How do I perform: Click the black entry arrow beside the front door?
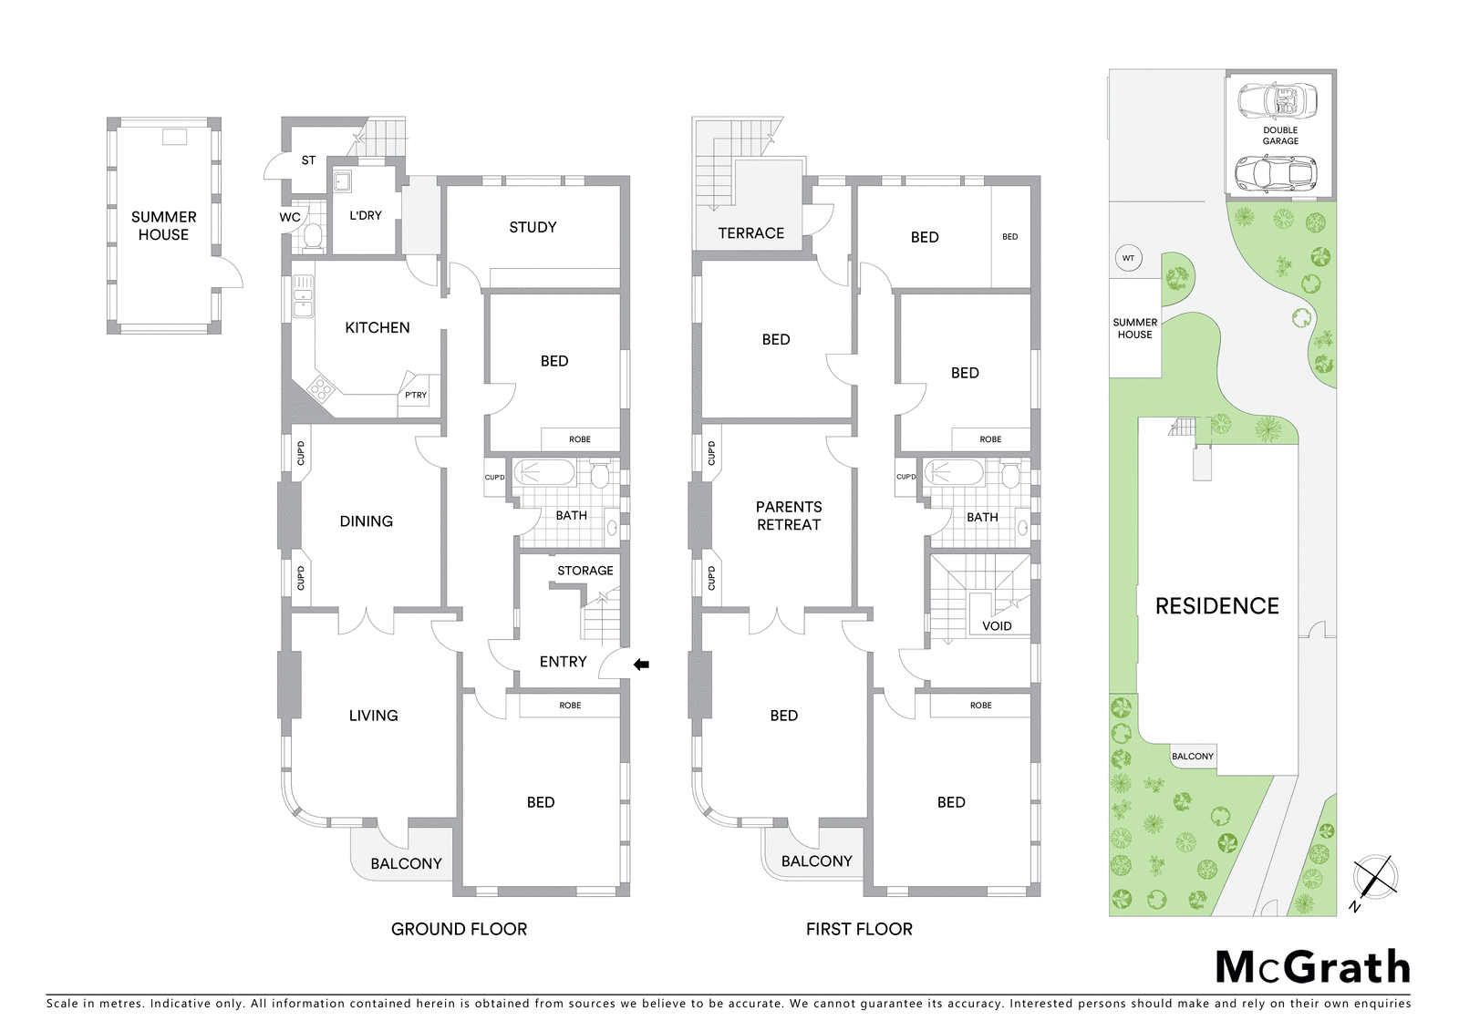click(x=642, y=665)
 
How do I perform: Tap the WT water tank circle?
click(x=1128, y=258)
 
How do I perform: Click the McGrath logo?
click(x=1312, y=968)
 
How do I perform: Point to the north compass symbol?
click(x=1374, y=880)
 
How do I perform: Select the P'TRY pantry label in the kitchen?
click(x=416, y=395)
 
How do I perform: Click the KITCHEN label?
click(x=378, y=327)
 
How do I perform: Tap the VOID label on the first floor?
click(x=997, y=626)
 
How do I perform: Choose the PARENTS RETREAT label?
click(x=789, y=516)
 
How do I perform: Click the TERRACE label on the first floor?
click(x=751, y=233)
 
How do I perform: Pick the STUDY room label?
click(x=533, y=227)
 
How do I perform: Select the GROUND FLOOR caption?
click(x=460, y=930)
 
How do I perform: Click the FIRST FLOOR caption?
click(x=859, y=930)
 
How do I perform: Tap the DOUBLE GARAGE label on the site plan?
click(x=1280, y=136)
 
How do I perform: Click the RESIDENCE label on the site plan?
click(x=1216, y=606)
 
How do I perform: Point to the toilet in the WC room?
click(x=314, y=237)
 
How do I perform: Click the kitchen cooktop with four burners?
click(x=320, y=389)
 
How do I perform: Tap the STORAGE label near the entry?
click(x=585, y=571)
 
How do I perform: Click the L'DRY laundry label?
click(x=366, y=215)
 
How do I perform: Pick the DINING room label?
click(x=366, y=521)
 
